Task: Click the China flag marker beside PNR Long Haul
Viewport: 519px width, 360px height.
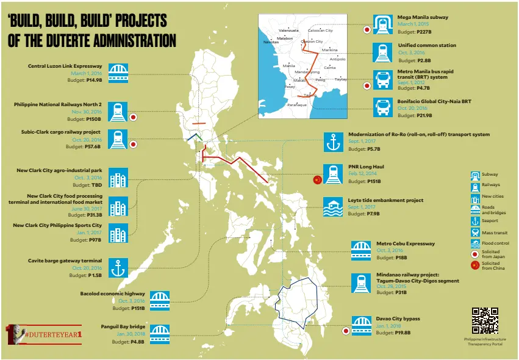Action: tap(317, 179)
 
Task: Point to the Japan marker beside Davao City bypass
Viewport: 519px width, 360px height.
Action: tap(346, 331)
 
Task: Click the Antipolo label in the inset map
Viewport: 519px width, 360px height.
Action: tap(337, 59)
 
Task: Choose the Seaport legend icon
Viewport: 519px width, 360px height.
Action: tap(475, 220)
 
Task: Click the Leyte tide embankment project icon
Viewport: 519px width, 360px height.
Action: tap(334, 207)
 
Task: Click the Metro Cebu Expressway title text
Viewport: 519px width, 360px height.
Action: tap(406, 243)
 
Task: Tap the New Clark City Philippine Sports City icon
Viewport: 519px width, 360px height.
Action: tap(118, 234)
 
